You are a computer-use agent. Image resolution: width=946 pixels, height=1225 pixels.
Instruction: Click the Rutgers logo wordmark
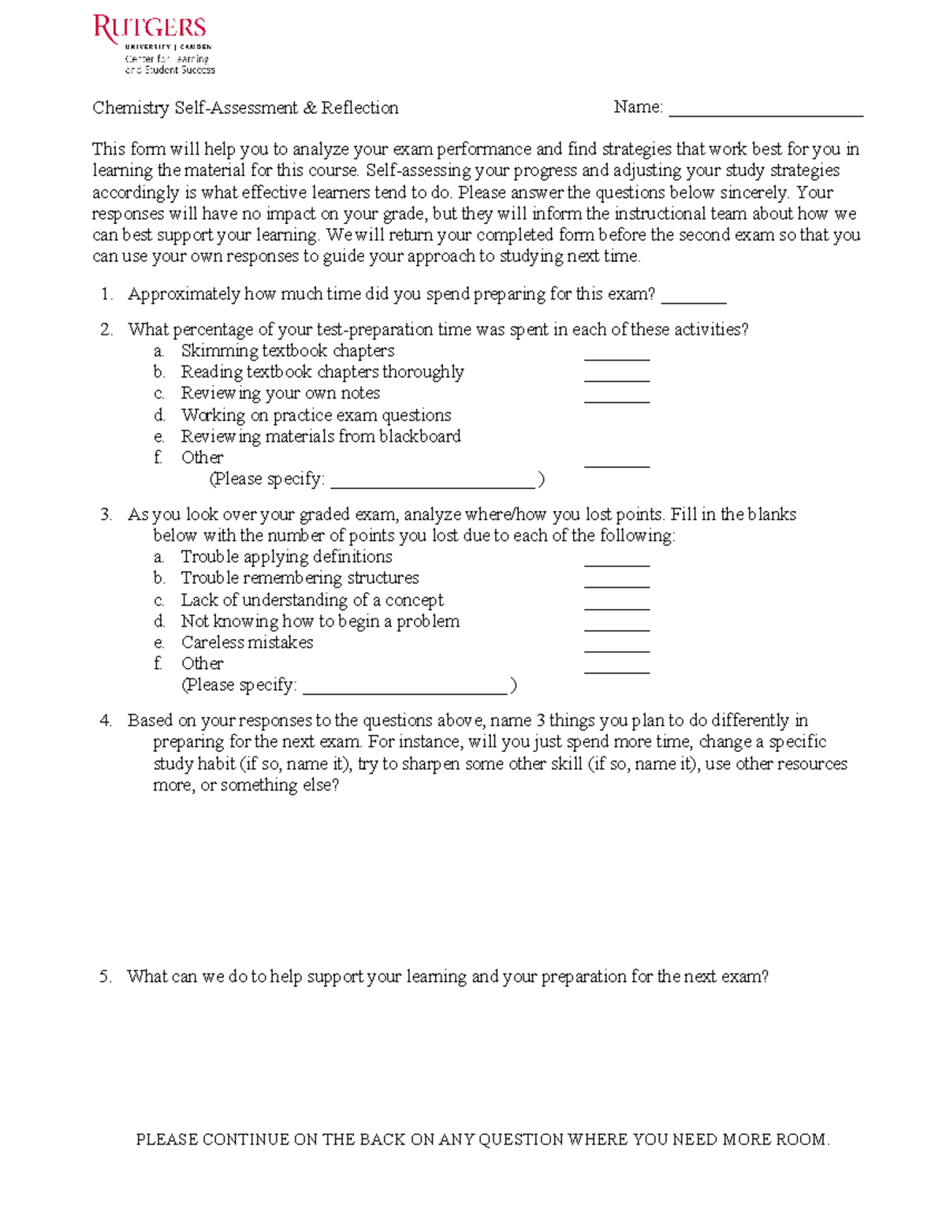pos(150,29)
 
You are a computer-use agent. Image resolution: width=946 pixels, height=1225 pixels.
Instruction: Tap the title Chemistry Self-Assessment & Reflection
pos(245,108)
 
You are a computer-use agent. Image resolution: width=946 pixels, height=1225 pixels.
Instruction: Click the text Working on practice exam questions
pos(316,415)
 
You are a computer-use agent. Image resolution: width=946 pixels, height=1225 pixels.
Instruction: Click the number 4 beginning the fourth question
pos(106,720)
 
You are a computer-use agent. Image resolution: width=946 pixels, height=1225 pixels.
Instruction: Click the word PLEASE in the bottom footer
pos(167,1140)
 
